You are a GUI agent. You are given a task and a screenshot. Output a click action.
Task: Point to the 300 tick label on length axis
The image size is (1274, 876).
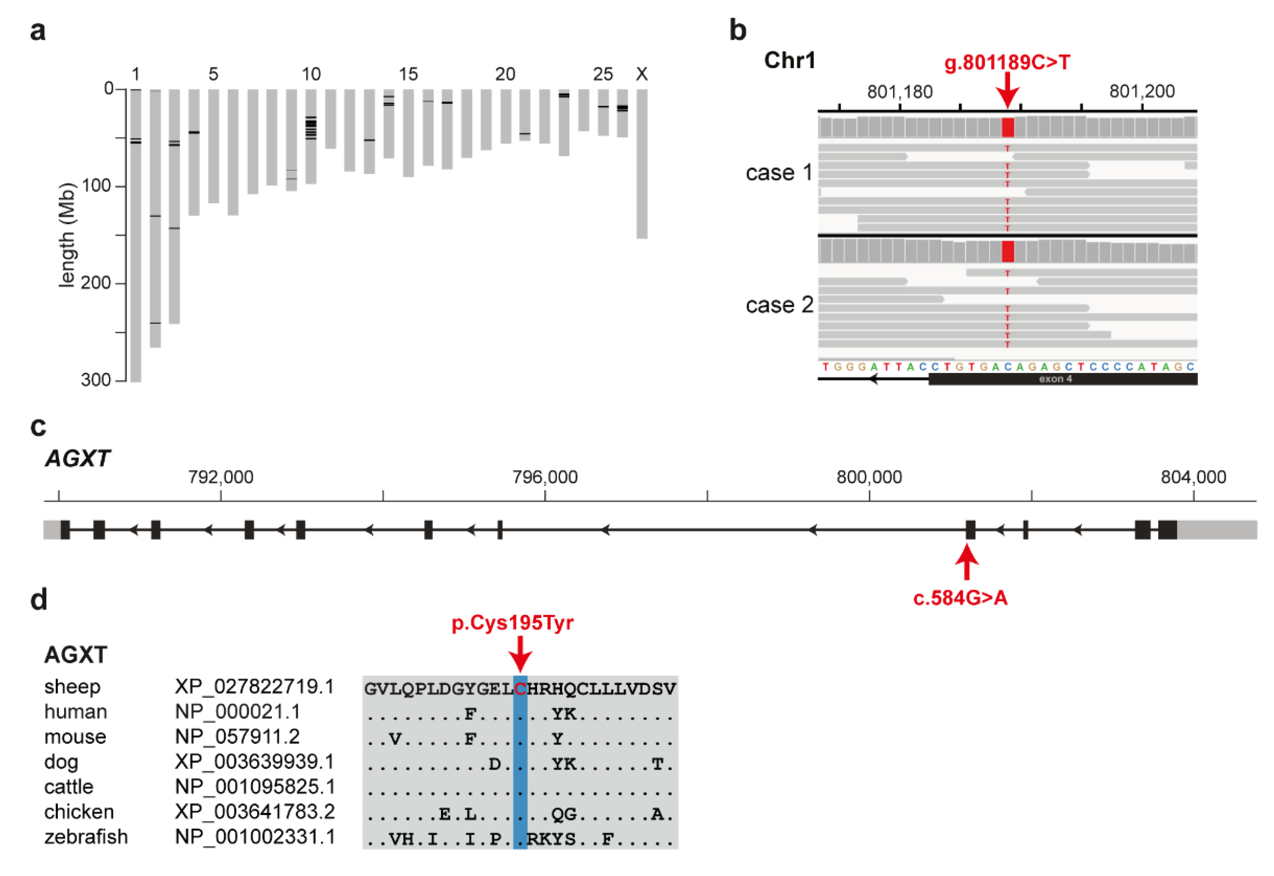click(x=96, y=380)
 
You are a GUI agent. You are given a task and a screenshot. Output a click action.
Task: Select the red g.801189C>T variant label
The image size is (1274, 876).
click(x=1007, y=63)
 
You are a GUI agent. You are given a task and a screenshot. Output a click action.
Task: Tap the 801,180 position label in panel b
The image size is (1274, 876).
click(x=899, y=92)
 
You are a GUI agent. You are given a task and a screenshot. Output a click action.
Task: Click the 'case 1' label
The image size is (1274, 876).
click(x=779, y=173)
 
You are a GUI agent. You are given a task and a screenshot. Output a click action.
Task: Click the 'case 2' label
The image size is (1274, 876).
click(x=779, y=305)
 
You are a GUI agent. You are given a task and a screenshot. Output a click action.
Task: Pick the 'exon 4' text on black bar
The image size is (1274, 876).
click(x=1055, y=379)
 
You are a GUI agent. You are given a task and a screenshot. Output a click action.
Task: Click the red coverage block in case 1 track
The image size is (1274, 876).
click(x=1007, y=127)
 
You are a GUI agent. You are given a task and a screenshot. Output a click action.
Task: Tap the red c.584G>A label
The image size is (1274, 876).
click(x=960, y=598)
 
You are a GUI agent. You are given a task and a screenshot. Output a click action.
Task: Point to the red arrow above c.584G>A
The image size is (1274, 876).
click(x=967, y=561)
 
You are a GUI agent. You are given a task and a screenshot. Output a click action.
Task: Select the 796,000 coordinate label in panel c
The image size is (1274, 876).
click(x=545, y=477)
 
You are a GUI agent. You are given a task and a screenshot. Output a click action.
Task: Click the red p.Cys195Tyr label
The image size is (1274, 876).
click(x=512, y=623)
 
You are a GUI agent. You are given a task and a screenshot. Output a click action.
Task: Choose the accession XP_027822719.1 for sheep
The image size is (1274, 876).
click(x=254, y=687)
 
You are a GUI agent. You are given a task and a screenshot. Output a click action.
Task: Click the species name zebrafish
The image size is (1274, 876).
click(x=86, y=837)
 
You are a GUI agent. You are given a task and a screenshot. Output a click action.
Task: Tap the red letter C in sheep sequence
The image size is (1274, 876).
click(x=520, y=688)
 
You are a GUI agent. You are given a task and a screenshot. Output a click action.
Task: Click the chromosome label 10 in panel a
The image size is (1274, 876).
click(x=311, y=74)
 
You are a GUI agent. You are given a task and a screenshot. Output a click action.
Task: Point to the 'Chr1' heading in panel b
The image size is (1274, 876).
click(x=789, y=60)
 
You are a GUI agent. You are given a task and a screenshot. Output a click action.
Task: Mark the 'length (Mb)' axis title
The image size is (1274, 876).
click(x=67, y=235)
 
